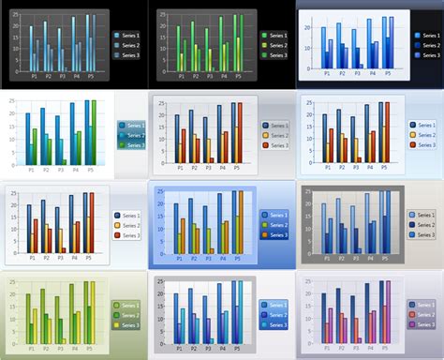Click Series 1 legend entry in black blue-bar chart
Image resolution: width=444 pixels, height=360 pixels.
[x=125, y=35]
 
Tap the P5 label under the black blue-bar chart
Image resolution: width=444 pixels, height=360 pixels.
[x=90, y=75]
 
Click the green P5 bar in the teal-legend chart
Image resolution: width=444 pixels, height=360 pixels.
[x=94, y=131]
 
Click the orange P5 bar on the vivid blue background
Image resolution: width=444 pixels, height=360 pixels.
[x=240, y=220]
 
